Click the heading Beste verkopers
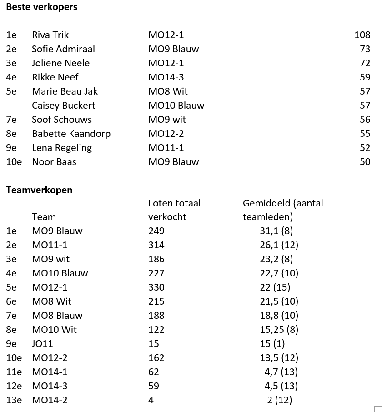coord(41,7)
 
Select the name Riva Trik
coord(50,35)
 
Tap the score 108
coord(362,35)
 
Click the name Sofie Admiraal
coord(63,49)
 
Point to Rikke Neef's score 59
coord(365,77)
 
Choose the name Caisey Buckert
coord(63,106)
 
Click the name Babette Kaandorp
coord(71,134)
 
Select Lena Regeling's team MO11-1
coord(166,148)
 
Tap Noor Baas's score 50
coord(365,162)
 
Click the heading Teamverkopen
coord(39,190)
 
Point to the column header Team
coord(44,217)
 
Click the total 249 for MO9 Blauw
coord(156,231)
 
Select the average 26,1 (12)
coord(279,245)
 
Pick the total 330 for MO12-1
coord(156,287)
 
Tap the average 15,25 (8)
coord(279,330)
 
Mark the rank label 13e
coord(14,400)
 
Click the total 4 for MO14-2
coord(151,400)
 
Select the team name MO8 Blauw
coord(57,316)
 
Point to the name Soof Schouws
coord(61,120)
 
